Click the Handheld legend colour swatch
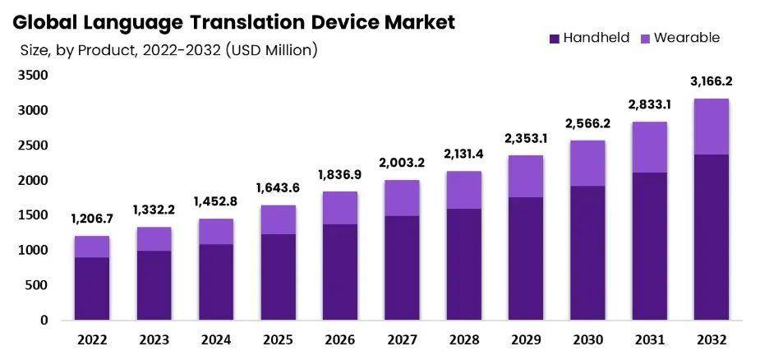point(554,38)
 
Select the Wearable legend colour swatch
point(645,38)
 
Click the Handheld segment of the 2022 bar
point(91,288)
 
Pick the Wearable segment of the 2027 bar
point(402,198)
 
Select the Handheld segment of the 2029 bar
point(524,258)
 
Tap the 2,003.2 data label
point(402,163)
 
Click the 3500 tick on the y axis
point(34,75)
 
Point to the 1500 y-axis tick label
point(34,215)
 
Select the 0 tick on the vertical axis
point(44,321)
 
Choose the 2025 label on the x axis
point(278,340)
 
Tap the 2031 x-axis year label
point(648,340)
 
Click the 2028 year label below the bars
point(463,340)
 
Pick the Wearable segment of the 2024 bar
point(215,231)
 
